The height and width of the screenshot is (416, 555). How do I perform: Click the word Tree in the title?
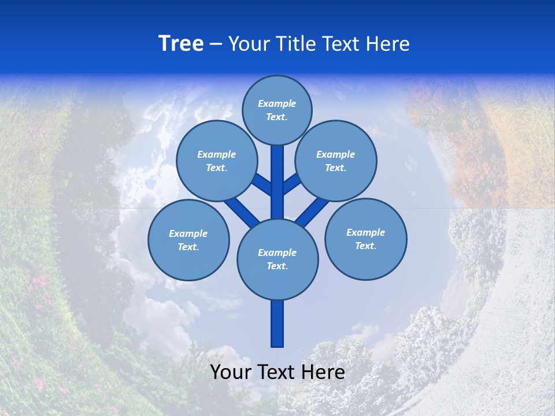pyautogui.click(x=181, y=44)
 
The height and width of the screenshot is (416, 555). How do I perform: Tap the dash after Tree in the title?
pyautogui.click(x=216, y=44)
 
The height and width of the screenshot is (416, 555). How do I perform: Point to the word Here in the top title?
pyautogui.click(x=388, y=44)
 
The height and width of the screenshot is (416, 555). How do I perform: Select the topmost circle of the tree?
pyautogui.click(x=277, y=110)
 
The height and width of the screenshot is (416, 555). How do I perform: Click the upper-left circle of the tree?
pyautogui.click(x=216, y=161)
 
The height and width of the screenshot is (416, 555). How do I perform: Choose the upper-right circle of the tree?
pyautogui.click(x=336, y=161)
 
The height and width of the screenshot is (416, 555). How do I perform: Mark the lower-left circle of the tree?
pyautogui.click(x=188, y=240)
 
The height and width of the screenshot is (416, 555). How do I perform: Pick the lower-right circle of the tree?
pyautogui.click(x=366, y=239)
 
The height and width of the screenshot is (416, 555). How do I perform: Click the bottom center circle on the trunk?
pyautogui.click(x=277, y=259)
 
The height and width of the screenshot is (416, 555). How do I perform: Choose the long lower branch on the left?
pyautogui.click(x=241, y=210)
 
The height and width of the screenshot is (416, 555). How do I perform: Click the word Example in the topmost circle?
pyautogui.click(x=277, y=103)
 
